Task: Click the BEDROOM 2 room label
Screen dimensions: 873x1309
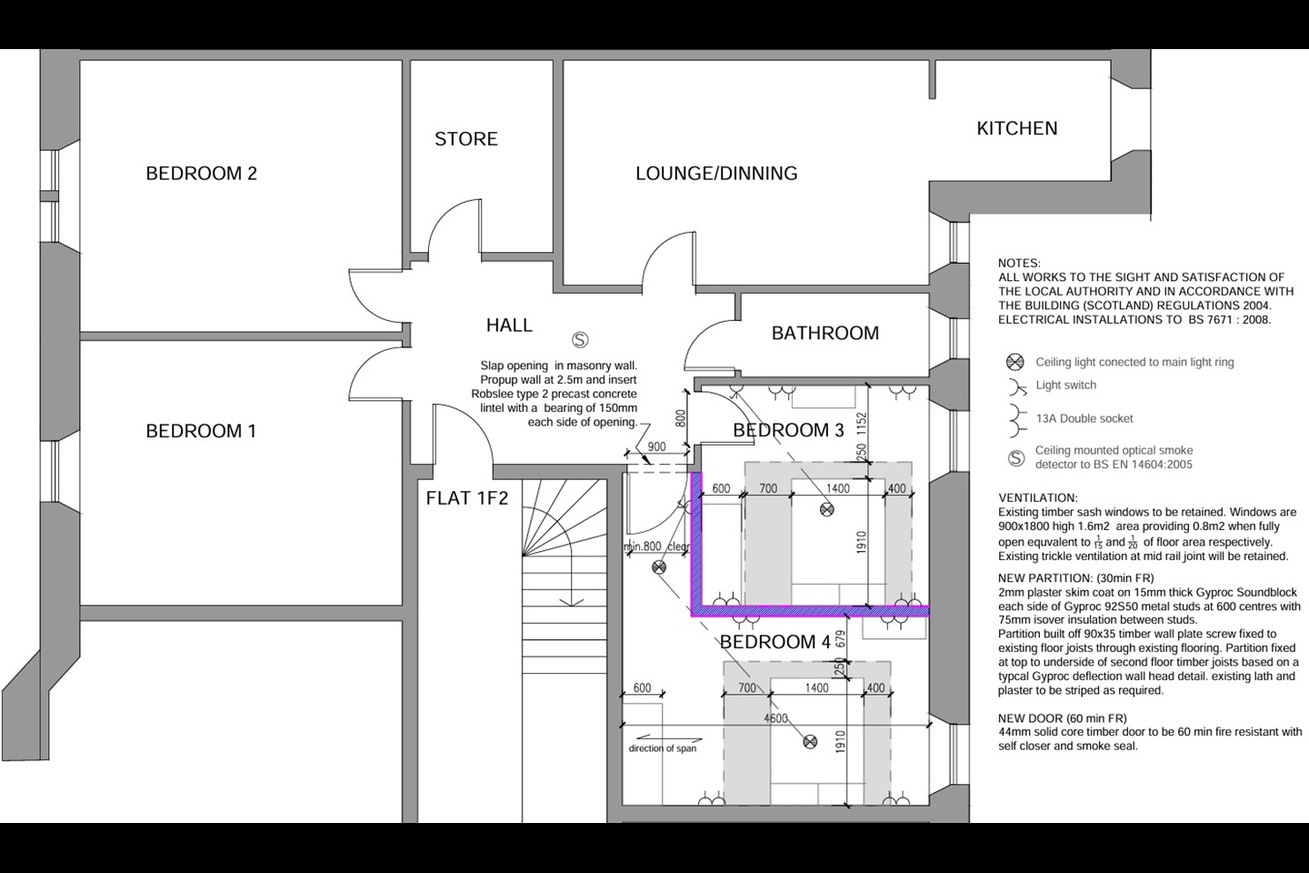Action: coord(201,174)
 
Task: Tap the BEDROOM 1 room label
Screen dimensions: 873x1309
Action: coord(201,431)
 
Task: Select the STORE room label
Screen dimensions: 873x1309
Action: coord(465,139)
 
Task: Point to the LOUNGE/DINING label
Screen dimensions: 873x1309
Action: coord(716,174)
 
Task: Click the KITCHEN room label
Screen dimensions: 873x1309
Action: coord(1016,129)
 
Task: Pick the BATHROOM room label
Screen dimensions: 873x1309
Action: coord(824,334)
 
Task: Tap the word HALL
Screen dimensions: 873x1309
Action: coord(509,326)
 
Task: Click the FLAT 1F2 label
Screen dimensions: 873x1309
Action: coord(467,498)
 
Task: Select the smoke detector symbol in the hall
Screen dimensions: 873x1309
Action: coord(580,340)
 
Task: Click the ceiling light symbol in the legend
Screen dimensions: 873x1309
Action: coord(1015,362)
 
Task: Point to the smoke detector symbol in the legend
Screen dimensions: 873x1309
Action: coord(1016,458)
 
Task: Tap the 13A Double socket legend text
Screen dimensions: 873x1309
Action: coord(1084,419)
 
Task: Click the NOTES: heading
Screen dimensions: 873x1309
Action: coord(1019,264)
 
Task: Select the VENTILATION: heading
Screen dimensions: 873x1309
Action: coord(1037,498)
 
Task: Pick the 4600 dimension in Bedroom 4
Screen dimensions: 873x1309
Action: coord(775,718)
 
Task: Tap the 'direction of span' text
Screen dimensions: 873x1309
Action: coord(663,748)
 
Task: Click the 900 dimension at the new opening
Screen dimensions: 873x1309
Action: coord(656,447)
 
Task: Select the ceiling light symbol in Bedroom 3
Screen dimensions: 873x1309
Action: coord(826,509)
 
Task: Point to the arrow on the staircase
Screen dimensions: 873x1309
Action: coord(572,600)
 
